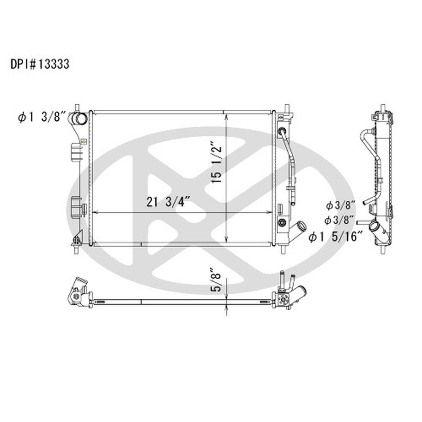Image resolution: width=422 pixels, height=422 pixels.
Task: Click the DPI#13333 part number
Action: point(40,64)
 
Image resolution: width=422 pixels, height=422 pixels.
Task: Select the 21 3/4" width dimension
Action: point(169,202)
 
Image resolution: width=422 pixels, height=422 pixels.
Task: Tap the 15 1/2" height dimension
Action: point(217,164)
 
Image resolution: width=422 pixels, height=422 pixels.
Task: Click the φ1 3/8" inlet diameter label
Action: point(42,117)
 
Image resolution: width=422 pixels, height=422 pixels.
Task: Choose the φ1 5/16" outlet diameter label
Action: point(336,237)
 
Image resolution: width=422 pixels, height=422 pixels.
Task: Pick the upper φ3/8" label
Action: point(341,206)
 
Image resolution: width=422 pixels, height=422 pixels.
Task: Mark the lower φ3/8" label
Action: point(339,220)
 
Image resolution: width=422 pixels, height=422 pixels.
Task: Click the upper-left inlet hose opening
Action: point(80,119)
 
